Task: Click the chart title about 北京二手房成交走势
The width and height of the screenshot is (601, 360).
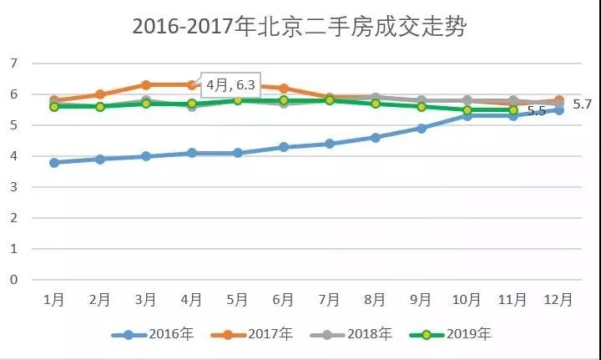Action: point(300,27)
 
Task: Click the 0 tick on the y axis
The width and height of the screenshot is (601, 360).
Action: point(14,280)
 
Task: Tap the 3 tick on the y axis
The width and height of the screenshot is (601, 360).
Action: point(14,187)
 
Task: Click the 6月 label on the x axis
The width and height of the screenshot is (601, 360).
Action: point(284,299)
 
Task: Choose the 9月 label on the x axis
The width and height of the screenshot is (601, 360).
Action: point(422,299)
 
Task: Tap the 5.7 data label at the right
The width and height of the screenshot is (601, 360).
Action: point(582,105)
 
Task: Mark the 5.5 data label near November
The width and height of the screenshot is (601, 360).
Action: point(536,110)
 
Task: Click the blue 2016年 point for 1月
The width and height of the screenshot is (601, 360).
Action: point(54,163)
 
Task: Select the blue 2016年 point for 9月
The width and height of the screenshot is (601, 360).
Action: point(422,129)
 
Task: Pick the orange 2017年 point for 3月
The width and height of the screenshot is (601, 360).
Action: point(146,85)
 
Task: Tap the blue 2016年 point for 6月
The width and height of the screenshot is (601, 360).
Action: point(284,147)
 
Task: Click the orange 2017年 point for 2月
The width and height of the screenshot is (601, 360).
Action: point(100,94)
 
